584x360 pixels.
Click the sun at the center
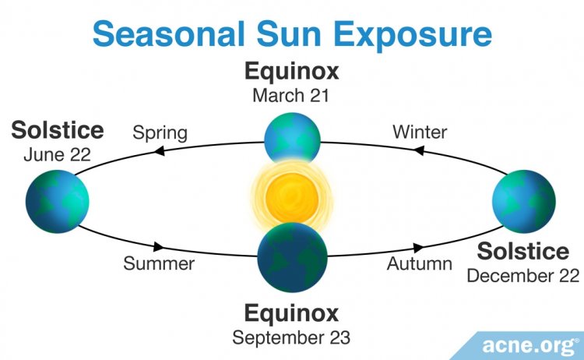pos(292,197)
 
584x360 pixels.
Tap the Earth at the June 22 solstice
pos(58,202)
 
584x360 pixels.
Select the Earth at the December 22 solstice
pos(524,202)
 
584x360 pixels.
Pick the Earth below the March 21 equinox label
pos(292,138)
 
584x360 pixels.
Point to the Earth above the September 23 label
pos(292,257)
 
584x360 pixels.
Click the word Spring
pos(160,133)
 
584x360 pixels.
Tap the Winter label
pos(420,132)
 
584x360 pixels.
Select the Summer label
pos(159,263)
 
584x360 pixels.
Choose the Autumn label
pos(420,263)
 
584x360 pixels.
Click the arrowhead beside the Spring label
pos(160,151)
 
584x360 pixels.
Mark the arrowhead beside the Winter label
pos(419,150)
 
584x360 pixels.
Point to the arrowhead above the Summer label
pos(159,246)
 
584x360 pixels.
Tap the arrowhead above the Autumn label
pos(418,248)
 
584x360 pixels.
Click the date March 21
pos(291,95)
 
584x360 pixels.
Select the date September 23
pos(291,337)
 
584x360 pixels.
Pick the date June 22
pos(58,154)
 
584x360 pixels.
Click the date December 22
pos(523,276)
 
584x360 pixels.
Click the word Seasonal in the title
pos(169,34)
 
